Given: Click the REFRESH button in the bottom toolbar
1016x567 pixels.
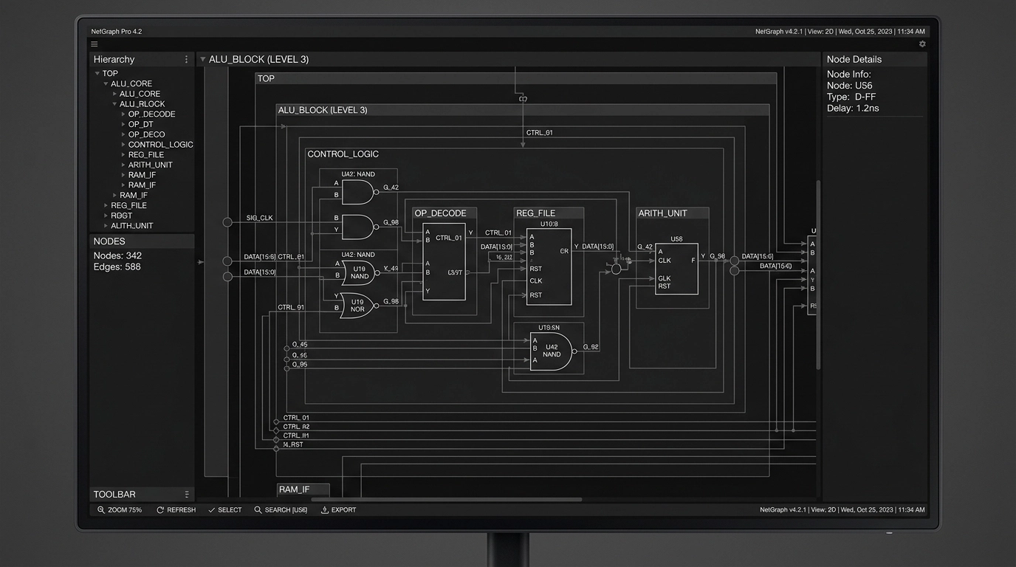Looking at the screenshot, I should pyautogui.click(x=176, y=509).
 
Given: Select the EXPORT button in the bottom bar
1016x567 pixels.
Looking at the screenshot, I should pyautogui.click(x=338, y=509).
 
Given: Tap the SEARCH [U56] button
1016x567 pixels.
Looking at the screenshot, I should pyautogui.click(x=281, y=509).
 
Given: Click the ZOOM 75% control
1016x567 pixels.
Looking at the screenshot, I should pyautogui.click(x=120, y=509).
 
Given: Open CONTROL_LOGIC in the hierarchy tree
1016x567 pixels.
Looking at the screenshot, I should pyautogui.click(x=160, y=145).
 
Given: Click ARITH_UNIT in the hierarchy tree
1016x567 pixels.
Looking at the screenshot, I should pyautogui.click(x=150, y=165).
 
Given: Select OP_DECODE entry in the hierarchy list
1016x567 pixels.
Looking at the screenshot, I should pyautogui.click(x=151, y=114).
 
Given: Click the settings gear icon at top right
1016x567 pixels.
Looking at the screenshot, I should pyautogui.click(x=921, y=44).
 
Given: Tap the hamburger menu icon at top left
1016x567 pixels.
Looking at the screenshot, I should pyautogui.click(x=95, y=44).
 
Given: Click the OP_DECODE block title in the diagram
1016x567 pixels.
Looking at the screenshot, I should pyautogui.click(x=440, y=213).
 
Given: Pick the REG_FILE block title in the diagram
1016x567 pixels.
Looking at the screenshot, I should pyautogui.click(x=536, y=213).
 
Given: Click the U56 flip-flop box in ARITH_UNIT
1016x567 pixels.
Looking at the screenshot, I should pyautogui.click(x=676, y=269).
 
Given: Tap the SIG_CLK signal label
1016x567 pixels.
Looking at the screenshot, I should pyautogui.click(x=259, y=218).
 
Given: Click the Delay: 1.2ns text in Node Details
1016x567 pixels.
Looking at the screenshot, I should pyautogui.click(x=853, y=108).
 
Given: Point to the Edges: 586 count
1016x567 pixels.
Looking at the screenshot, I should pyautogui.click(x=117, y=267).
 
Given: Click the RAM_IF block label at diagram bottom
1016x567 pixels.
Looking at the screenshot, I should pyautogui.click(x=294, y=489).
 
